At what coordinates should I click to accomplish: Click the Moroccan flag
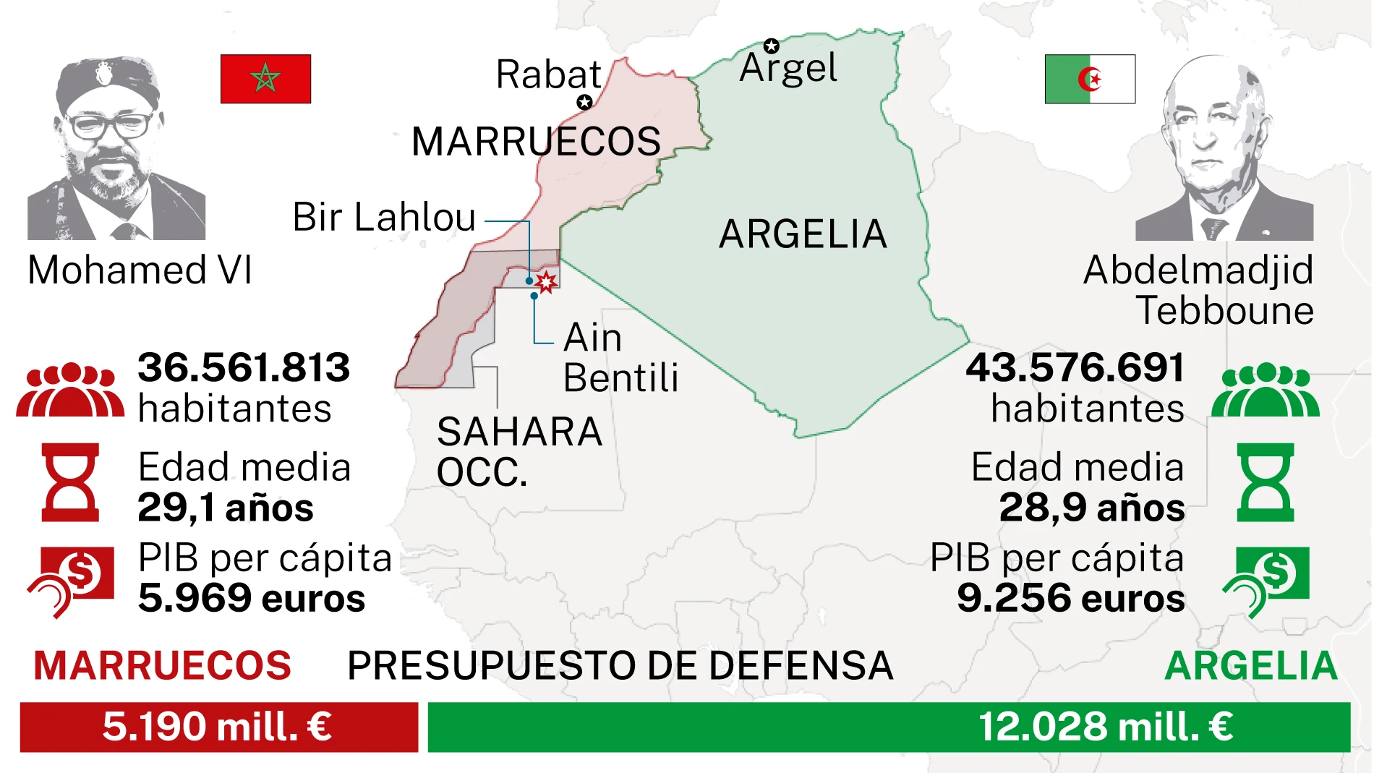[265, 79]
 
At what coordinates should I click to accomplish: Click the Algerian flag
[1090, 79]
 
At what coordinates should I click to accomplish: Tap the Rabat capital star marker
[584, 103]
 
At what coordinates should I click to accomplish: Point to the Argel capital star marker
[772, 46]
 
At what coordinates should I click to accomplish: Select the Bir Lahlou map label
[384, 217]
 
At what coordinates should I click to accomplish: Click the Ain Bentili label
[620, 357]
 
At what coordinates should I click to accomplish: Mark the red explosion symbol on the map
[546, 281]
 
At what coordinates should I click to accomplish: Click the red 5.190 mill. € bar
[218, 727]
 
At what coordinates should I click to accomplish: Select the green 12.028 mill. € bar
[888, 727]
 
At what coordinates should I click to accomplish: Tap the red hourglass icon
[70, 482]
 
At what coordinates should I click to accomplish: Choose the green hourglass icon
[1265, 482]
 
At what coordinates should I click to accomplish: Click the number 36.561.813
[244, 367]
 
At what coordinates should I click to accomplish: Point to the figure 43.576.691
[1075, 367]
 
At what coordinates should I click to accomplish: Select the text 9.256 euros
[1070, 598]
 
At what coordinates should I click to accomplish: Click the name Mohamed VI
[140, 270]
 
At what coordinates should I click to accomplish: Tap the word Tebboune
[1224, 311]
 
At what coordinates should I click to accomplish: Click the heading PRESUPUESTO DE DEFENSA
[620, 665]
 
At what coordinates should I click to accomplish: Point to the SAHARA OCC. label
[519, 452]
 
